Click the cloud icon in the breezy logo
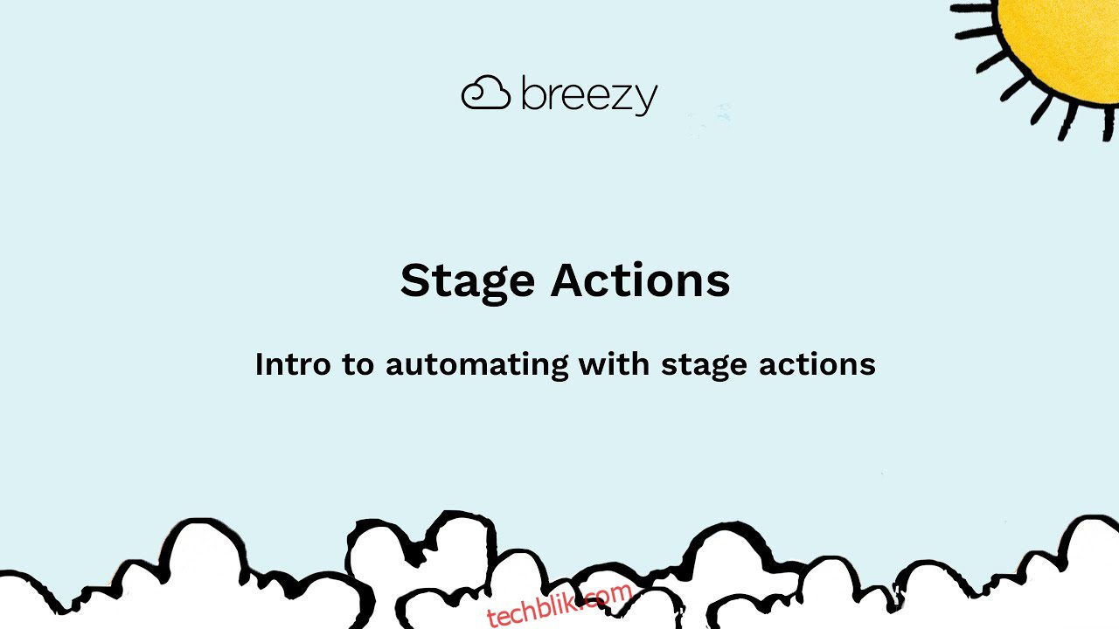click(x=485, y=93)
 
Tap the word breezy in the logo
click(x=589, y=96)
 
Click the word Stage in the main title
click(x=468, y=282)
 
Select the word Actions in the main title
click(x=641, y=280)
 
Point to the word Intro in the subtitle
click(x=293, y=364)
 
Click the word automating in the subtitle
click(x=477, y=365)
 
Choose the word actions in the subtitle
click(x=817, y=364)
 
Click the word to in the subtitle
click(x=358, y=364)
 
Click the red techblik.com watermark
click(x=559, y=605)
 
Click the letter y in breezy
click(x=645, y=100)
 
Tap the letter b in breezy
click(x=534, y=93)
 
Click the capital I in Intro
click(x=259, y=364)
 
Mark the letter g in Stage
click(x=494, y=287)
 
